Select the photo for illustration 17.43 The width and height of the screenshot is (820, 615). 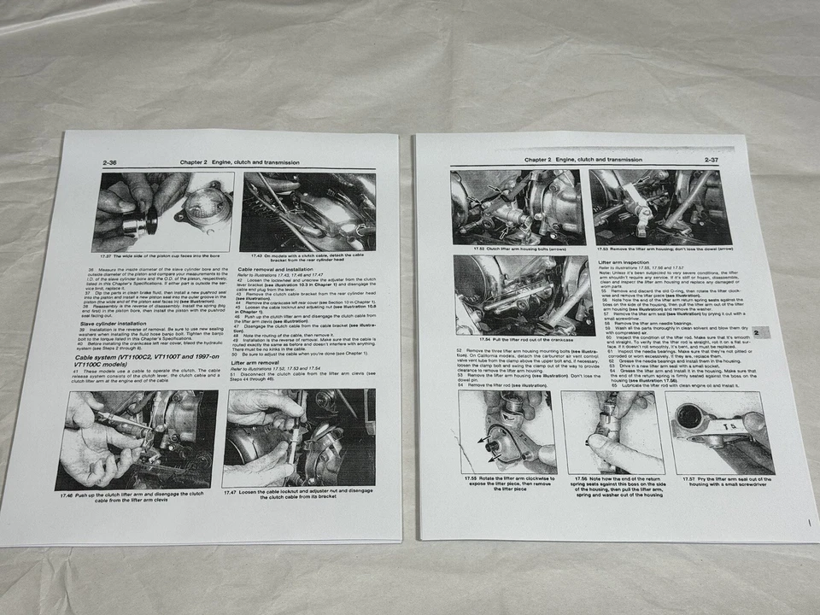[x=308, y=211]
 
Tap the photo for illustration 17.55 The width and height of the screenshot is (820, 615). [x=507, y=432]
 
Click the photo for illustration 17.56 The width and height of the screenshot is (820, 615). [x=609, y=432]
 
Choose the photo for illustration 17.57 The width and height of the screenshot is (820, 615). [x=719, y=432]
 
